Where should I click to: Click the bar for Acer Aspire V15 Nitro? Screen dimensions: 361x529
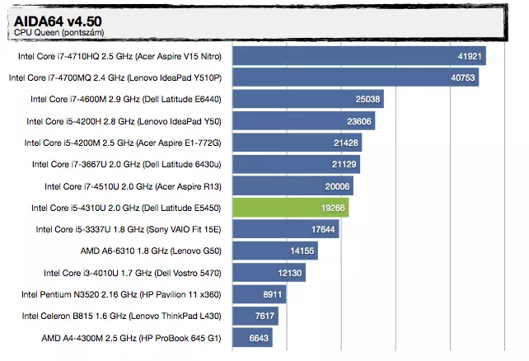358,56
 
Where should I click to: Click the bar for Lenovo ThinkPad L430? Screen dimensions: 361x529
255,316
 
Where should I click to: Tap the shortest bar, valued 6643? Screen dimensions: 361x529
252,337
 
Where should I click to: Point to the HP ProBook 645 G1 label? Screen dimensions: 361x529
133,338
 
